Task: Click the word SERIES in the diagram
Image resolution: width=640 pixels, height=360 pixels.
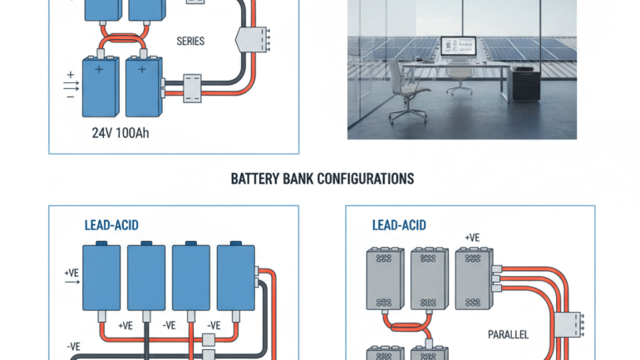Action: (192, 40)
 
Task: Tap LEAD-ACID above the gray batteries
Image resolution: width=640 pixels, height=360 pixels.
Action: (398, 225)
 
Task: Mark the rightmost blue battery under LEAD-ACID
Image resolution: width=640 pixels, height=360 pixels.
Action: (236, 279)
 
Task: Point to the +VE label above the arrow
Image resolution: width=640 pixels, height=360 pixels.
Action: (72, 272)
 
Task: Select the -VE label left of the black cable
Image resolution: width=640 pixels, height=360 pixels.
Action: (72, 346)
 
